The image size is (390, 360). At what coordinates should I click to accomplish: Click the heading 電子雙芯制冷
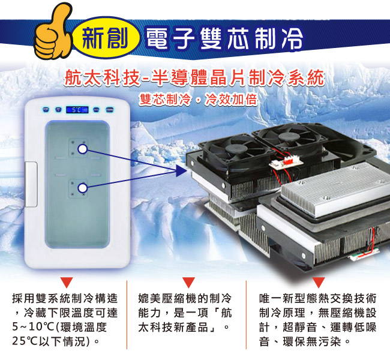point(224,38)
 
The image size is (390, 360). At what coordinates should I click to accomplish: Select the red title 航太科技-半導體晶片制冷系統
point(194,78)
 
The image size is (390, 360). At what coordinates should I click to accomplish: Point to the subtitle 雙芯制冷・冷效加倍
point(198,100)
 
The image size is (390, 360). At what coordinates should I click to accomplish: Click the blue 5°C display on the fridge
point(77,110)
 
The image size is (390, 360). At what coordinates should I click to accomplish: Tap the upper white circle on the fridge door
point(82,149)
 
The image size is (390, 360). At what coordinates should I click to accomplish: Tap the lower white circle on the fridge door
point(82,188)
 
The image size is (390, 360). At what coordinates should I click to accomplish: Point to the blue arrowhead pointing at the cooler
point(181,170)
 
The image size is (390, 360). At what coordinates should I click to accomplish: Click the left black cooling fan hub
point(236,149)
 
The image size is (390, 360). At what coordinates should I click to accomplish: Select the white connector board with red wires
point(286,162)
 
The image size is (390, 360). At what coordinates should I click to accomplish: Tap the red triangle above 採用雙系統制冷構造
point(67,283)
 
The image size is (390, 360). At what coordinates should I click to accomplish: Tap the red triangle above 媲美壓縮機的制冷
point(188,283)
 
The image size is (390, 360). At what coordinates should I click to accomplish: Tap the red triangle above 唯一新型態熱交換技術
point(319,283)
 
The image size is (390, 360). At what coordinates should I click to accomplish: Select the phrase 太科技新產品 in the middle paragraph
point(173,327)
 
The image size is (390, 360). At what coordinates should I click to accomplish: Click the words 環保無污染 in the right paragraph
point(312,341)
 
